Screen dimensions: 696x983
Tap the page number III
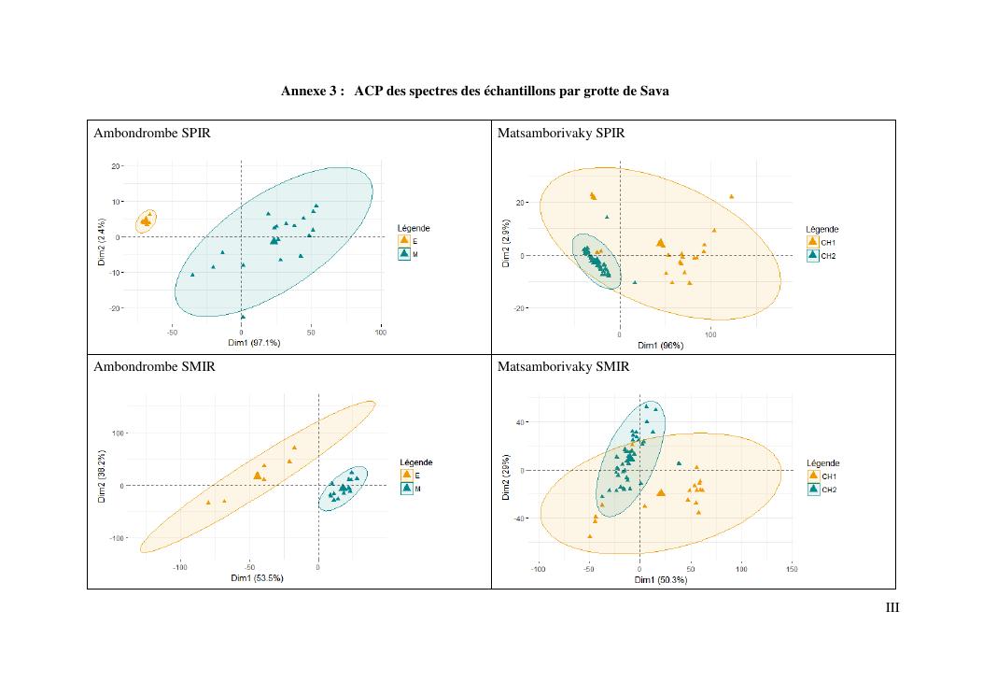point(892,609)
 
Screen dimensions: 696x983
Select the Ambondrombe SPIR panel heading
point(152,134)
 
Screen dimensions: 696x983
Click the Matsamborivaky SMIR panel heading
point(563,367)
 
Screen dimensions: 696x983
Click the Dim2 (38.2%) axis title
point(102,477)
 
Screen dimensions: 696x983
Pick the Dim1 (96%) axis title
point(660,345)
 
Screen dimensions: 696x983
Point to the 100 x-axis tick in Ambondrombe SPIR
point(381,332)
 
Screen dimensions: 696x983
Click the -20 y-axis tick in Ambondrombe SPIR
point(116,308)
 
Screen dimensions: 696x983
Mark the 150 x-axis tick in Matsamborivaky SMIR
point(792,568)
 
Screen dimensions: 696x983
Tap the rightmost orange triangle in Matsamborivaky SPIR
point(731,196)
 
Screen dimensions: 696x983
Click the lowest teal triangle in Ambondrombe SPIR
point(243,317)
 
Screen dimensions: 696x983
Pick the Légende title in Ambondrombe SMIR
point(415,462)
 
